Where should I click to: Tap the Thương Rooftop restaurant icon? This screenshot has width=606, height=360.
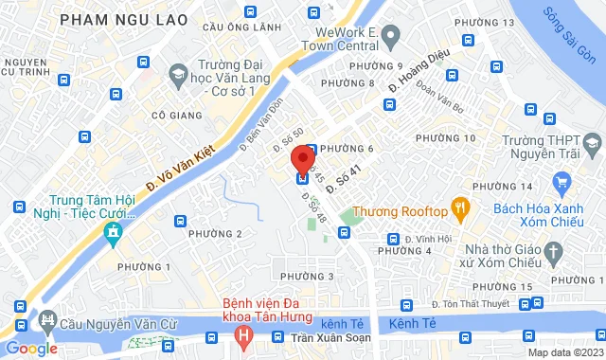459,206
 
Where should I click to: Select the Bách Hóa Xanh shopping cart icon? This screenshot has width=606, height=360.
561,180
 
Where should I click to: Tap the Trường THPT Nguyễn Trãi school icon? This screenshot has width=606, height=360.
593,143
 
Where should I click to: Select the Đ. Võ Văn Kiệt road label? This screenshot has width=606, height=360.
183,166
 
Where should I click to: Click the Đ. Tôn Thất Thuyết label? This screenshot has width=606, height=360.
474,303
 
